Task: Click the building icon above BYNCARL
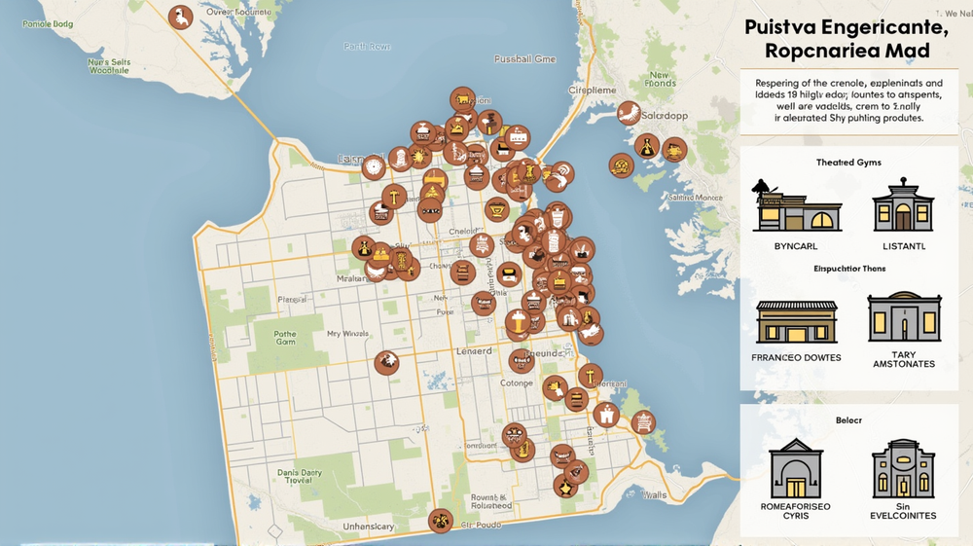[x=797, y=205]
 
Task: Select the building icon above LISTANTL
[x=902, y=205]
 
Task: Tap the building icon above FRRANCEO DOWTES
[x=796, y=321]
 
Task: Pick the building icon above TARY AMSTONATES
[x=904, y=317]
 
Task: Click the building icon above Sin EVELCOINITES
[x=903, y=469]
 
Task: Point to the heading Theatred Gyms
[x=848, y=163]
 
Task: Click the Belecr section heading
[x=849, y=420]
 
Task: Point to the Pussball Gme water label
[x=524, y=59]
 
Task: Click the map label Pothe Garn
[x=285, y=337]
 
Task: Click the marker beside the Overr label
[x=180, y=17]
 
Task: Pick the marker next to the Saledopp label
[x=629, y=113]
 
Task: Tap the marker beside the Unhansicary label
[x=441, y=521]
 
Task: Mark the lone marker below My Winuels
[x=386, y=363]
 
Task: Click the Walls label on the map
[x=655, y=495]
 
